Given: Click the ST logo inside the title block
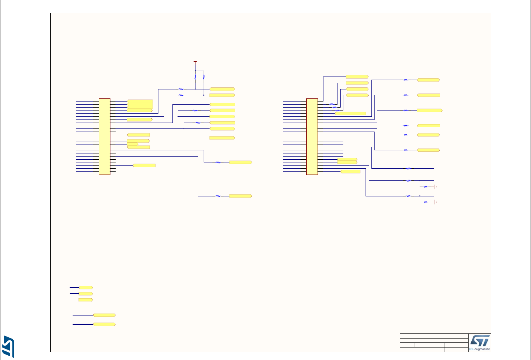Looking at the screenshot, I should tap(479, 339).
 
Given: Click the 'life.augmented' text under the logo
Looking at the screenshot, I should tap(479, 348).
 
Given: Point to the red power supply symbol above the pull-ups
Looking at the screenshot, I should tap(195, 62).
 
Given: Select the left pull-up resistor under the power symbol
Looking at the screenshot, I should tap(195, 77).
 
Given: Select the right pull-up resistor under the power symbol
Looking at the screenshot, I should tap(204, 77).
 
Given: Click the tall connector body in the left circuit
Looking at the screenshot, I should tap(105, 136).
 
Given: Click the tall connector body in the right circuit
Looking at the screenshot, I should tap(312, 136).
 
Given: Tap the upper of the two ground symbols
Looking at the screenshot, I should tap(435, 187).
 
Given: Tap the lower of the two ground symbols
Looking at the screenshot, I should tap(435, 202).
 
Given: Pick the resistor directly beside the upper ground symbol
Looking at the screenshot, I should tap(426, 187).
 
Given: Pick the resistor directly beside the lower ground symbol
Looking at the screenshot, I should tap(426, 202).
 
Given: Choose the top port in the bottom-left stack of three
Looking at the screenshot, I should tap(86, 287).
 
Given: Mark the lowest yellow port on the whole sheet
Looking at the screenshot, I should tap(104, 324).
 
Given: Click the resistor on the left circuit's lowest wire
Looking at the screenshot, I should tap(218, 196).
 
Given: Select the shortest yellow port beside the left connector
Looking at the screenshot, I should tap(133, 144).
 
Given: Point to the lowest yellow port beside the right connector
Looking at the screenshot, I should tap(350, 172).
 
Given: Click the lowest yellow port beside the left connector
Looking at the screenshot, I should tap(144, 166).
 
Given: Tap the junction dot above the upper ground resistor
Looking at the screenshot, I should tap(420, 180).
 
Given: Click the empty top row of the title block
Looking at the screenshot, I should tap(434, 336).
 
